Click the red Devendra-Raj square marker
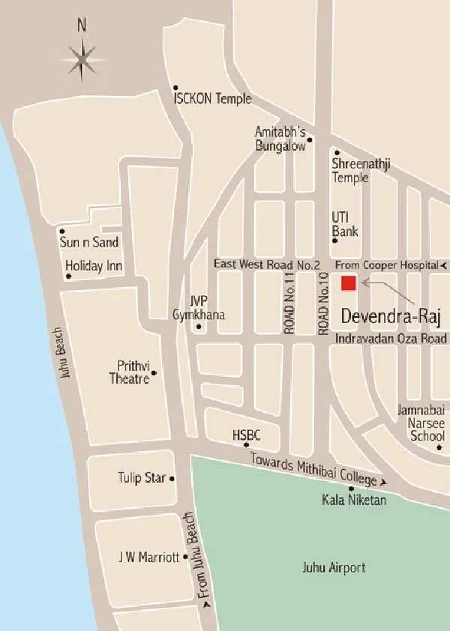[x=348, y=283]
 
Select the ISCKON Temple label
[x=212, y=98]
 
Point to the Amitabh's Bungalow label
[x=280, y=139]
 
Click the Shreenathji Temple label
[x=350, y=170]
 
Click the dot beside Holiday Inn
[x=69, y=277]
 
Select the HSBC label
[x=246, y=434]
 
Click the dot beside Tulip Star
[x=172, y=478]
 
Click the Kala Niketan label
[x=354, y=500]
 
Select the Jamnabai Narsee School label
[x=424, y=423]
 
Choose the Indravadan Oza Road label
[x=391, y=338]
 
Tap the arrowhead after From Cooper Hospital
[x=444, y=266]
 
